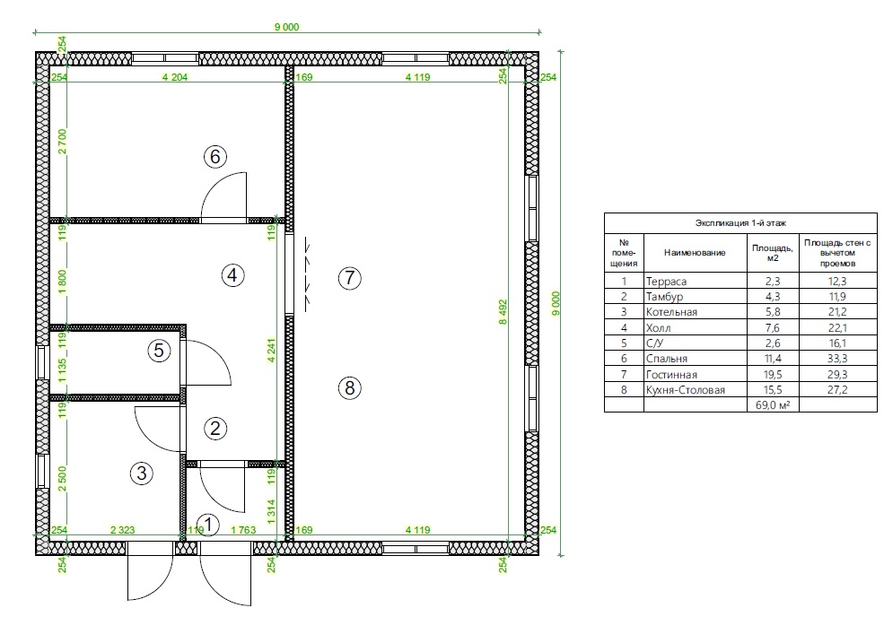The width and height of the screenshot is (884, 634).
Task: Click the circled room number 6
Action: [x=215, y=157]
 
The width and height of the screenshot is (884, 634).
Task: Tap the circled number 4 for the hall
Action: [x=232, y=275]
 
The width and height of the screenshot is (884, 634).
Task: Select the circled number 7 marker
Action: [x=349, y=278]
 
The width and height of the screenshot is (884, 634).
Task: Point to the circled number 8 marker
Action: [x=349, y=388]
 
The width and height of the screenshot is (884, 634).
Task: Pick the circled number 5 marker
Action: [x=159, y=351]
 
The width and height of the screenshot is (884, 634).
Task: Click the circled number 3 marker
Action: [x=142, y=473]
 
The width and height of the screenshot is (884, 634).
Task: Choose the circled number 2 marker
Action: [x=215, y=429]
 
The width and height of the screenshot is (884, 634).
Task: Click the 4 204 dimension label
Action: [x=175, y=77]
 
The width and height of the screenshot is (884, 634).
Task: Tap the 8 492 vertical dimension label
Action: [x=503, y=312]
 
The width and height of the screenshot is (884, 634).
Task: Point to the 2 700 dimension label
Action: [x=62, y=142]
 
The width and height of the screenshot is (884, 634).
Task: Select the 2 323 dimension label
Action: [x=122, y=530]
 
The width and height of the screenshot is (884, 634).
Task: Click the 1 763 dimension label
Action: [x=243, y=530]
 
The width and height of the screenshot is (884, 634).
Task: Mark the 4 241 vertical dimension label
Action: [x=271, y=350]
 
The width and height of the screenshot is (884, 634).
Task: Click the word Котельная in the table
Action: [x=671, y=312]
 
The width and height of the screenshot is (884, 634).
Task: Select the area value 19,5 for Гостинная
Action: [x=773, y=374]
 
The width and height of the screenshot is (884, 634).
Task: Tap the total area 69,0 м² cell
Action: [x=773, y=404]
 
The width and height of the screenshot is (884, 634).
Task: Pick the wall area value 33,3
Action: [x=837, y=359]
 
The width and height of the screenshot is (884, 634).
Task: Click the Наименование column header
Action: [x=695, y=253]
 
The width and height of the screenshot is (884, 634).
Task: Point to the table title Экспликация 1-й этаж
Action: [x=740, y=223]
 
